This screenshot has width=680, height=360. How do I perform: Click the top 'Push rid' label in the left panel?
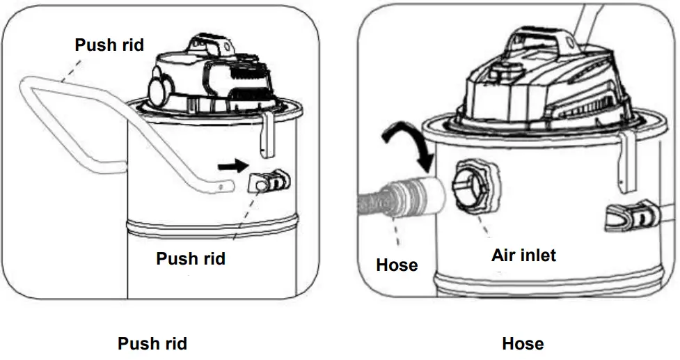(x=109, y=45)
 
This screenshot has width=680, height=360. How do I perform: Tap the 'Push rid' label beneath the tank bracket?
(x=190, y=259)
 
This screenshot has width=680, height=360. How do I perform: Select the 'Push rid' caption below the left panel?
(x=152, y=343)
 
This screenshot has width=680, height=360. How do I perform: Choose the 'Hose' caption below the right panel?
(x=523, y=343)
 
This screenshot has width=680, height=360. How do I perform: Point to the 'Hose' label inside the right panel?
(x=397, y=265)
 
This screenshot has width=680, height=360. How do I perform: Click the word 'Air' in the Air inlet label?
(x=504, y=256)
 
